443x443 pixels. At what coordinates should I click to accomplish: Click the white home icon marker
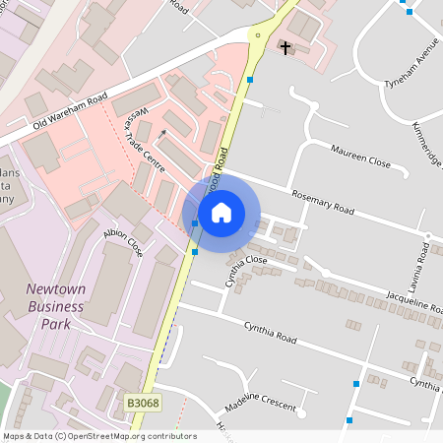coord(221,212)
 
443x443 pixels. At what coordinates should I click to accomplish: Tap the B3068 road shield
coord(143,403)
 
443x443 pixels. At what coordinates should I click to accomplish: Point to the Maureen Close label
coord(360,157)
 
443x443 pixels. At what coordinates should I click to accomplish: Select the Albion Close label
coord(123,242)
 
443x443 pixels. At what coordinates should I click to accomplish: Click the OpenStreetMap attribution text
coord(98,436)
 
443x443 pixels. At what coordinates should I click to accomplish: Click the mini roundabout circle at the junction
coord(258,35)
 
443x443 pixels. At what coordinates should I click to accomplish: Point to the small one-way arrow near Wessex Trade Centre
coord(162,132)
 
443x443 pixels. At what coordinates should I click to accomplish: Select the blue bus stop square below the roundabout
coord(251,79)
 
